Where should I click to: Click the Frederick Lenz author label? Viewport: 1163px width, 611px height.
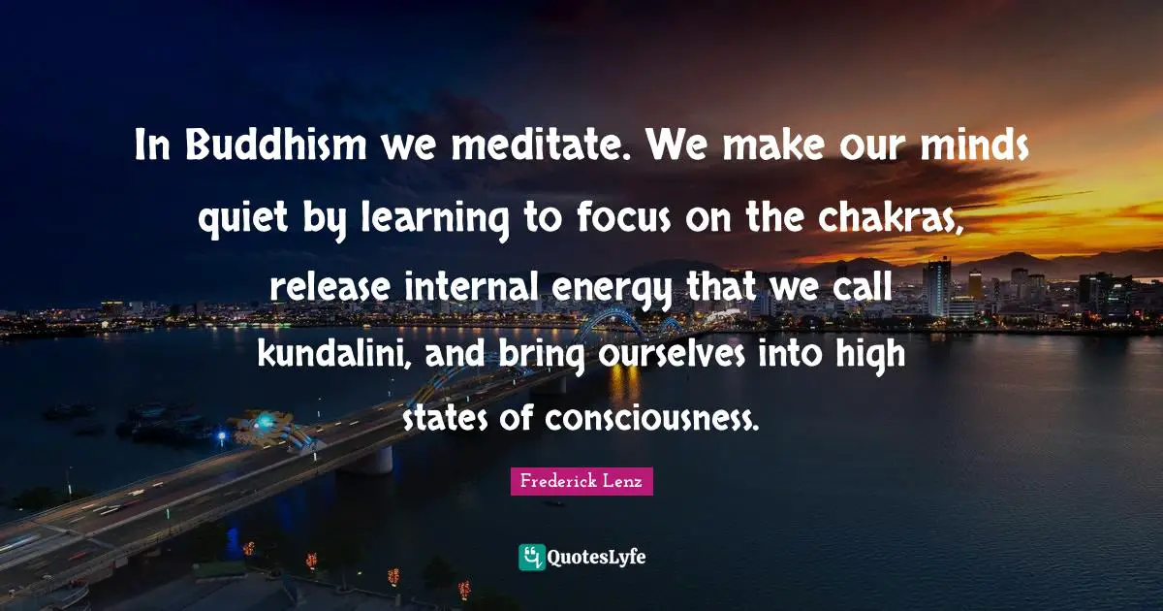(x=581, y=482)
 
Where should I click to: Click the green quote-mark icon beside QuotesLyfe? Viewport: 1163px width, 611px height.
(x=532, y=557)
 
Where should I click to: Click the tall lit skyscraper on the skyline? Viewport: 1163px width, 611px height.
(x=936, y=287)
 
